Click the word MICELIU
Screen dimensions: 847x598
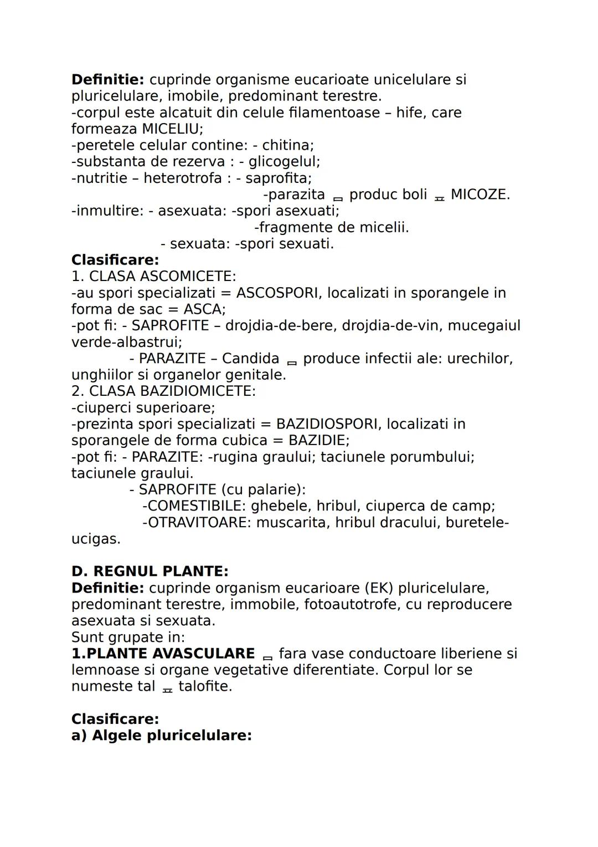172,129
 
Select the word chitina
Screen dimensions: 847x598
287,145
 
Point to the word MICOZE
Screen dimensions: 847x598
480,195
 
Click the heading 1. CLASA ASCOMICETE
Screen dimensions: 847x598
153,276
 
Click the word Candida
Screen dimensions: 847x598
250,359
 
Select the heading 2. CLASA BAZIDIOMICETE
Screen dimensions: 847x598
163,391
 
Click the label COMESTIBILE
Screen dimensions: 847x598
194,506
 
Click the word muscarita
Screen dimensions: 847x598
291,523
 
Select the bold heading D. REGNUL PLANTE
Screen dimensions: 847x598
149,572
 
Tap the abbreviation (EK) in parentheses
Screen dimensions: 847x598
378,588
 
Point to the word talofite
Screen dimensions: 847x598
205,686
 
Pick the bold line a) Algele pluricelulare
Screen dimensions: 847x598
162,736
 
